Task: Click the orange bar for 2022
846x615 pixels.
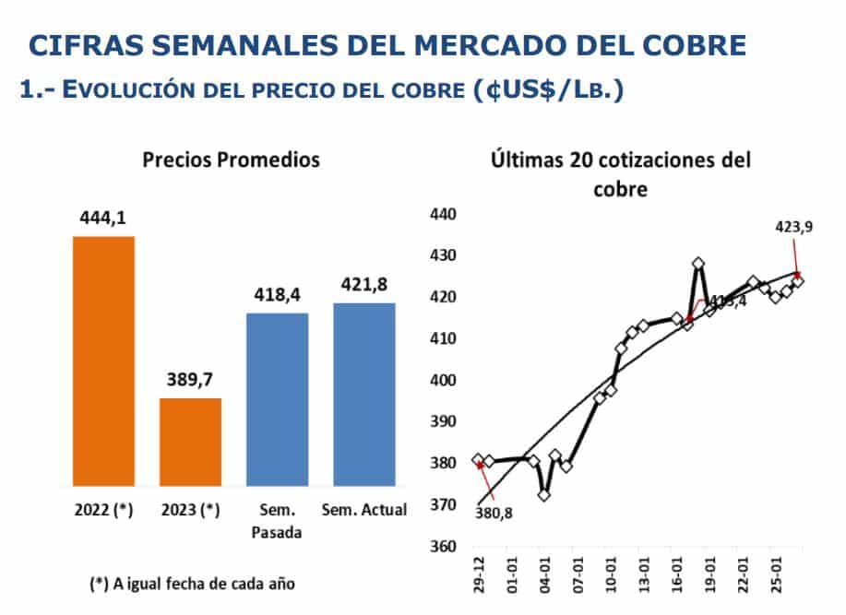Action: click(103, 361)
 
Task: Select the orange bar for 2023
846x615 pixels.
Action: click(190, 442)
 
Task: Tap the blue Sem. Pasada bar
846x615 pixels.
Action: click(277, 399)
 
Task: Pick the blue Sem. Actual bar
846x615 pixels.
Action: click(364, 394)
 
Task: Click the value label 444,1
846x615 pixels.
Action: click(103, 219)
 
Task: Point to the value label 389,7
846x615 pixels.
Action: click(190, 380)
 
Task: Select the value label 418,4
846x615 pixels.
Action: click(277, 295)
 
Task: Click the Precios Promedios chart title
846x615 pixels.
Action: click(231, 160)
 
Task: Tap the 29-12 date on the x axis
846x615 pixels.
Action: click(477, 578)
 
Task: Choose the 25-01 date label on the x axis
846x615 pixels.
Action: click(778, 578)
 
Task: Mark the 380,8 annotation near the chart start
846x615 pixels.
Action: click(494, 513)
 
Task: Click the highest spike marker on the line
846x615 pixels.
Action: click(698, 264)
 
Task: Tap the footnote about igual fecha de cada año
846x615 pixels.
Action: click(194, 584)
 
